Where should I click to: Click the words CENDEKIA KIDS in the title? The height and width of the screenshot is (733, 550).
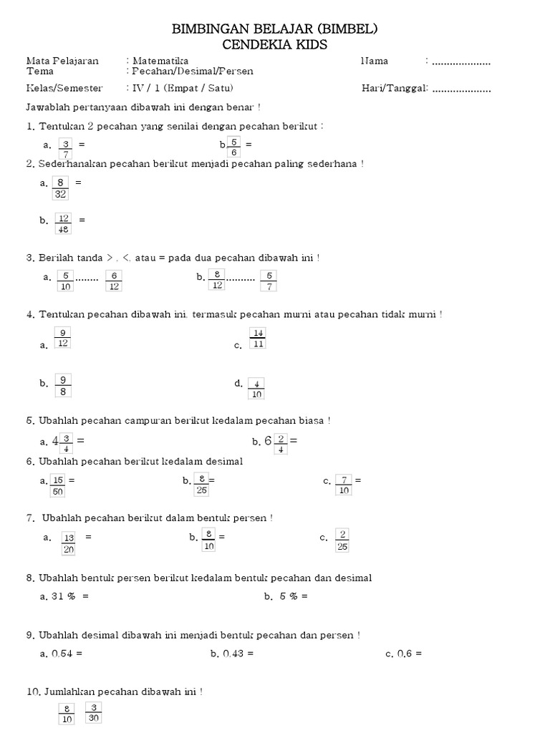point(275,44)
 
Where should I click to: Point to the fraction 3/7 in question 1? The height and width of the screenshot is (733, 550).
point(66,148)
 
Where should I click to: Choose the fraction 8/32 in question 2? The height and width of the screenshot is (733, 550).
point(61,188)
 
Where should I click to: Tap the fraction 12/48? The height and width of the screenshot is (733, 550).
point(64,223)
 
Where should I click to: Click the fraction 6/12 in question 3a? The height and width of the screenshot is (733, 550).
point(114,281)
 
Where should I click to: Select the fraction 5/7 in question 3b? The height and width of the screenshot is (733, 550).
point(269,281)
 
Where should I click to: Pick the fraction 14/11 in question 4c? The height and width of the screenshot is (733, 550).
point(258,338)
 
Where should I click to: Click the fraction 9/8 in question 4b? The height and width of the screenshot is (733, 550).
point(63,385)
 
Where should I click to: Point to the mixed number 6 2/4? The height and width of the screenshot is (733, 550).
point(275,444)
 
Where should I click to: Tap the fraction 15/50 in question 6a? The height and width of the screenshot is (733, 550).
point(58,485)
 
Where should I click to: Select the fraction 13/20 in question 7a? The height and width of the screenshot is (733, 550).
point(69,543)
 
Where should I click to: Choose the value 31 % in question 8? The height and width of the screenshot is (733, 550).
point(63,596)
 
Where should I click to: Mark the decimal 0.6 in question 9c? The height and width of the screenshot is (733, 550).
point(405,654)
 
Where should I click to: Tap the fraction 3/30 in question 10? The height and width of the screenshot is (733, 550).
point(94,713)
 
